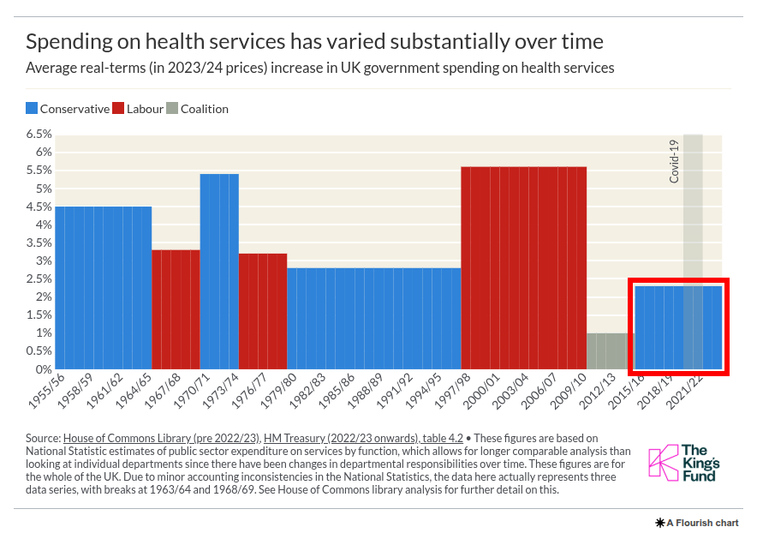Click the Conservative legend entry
click(x=68, y=109)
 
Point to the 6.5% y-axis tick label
click(x=39, y=135)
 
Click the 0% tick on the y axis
click(x=44, y=369)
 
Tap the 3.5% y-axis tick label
click(x=39, y=243)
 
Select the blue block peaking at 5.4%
click(x=219, y=271)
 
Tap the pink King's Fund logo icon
click(x=662, y=462)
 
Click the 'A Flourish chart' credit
click(x=696, y=522)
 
